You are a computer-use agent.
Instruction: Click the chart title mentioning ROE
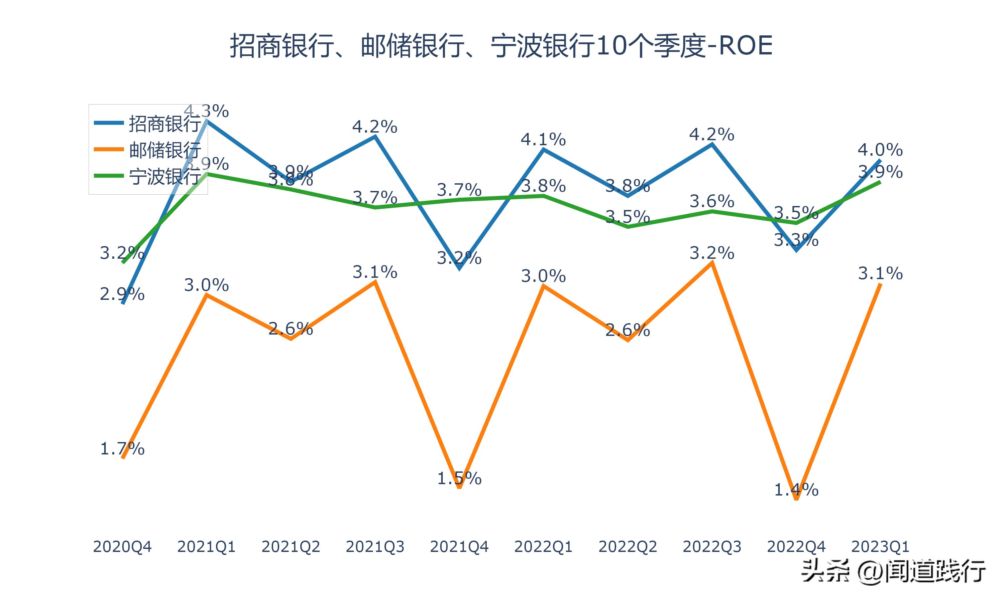click(x=501, y=45)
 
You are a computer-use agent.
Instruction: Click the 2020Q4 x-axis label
click(x=122, y=547)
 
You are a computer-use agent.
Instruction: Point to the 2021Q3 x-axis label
click(x=375, y=547)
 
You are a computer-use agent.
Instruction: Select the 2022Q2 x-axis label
click(x=628, y=547)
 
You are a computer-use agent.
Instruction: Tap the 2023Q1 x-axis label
click(x=880, y=547)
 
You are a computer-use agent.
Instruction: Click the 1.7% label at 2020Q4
click(x=122, y=449)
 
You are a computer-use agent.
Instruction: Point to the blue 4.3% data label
click(x=206, y=111)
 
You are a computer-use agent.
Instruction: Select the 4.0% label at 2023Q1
click(x=880, y=150)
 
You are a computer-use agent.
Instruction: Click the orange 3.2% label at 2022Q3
click(x=712, y=253)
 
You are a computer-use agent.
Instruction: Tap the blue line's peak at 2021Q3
click(x=375, y=137)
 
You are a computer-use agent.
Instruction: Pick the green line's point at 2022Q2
click(x=628, y=227)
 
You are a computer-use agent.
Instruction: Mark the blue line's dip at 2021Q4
click(x=459, y=268)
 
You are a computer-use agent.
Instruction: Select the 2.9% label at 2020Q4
click(x=122, y=294)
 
